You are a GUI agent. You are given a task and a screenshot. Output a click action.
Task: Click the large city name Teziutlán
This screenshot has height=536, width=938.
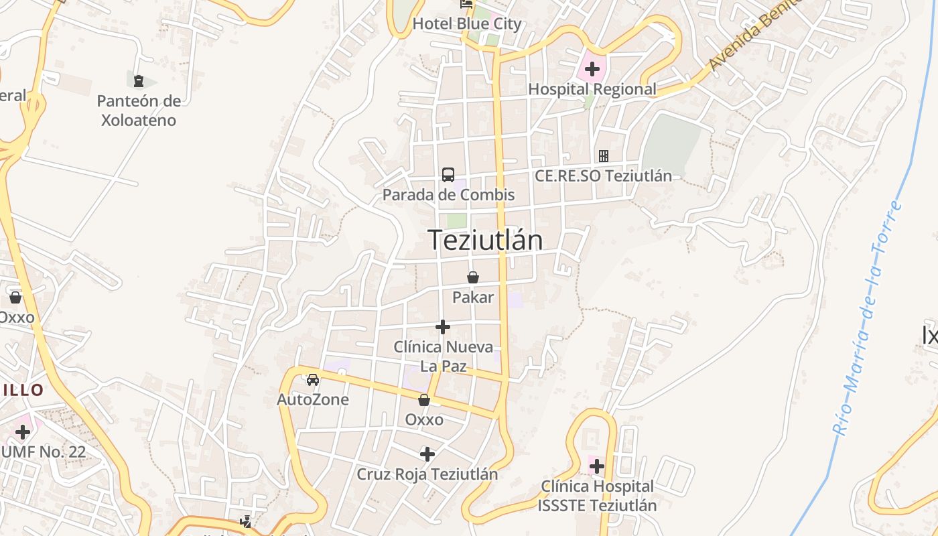click(x=485, y=240)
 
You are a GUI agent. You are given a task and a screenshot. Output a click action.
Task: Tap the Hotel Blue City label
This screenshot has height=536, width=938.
click(x=466, y=24)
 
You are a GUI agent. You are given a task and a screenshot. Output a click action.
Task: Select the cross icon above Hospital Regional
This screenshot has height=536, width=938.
click(x=592, y=68)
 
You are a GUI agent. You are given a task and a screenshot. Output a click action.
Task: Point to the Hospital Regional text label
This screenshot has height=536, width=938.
click(x=592, y=89)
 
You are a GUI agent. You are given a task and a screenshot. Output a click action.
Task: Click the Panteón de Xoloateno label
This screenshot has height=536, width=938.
click(x=139, y=111)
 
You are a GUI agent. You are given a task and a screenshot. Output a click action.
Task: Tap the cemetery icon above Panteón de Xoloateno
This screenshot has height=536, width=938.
click(x=139, y=82)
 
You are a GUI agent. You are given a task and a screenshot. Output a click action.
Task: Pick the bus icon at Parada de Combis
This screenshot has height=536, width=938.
click(x=448, y=175)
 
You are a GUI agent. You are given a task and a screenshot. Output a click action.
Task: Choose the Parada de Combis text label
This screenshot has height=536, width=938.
click(x=448, y=195)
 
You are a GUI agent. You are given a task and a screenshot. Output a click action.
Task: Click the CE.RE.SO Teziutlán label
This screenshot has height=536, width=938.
click(x=603, y=176)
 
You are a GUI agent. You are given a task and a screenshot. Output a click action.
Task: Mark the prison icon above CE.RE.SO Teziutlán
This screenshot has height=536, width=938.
click(x=604, y=156)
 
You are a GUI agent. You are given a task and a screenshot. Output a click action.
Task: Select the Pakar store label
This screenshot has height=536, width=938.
click(x=473, y=297)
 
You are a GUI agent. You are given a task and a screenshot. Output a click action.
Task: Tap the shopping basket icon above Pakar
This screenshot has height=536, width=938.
click(x=473, y=277)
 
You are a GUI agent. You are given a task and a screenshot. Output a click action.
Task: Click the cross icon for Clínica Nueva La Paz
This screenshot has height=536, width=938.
click(x=443, y=327)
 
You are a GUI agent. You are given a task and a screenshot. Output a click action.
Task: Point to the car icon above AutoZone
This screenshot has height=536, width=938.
click(x=313, y=380)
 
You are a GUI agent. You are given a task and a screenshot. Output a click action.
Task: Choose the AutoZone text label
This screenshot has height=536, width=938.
click(x=313, y=400)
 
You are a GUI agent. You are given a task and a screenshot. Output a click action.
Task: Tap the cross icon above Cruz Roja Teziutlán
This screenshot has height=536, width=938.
click(x=427, y=454)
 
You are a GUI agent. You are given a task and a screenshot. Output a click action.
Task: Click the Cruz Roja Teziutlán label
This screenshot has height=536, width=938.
click(x=427, y=474)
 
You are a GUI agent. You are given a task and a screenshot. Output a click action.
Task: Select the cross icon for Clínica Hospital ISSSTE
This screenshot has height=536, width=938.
click(x=597, y=466)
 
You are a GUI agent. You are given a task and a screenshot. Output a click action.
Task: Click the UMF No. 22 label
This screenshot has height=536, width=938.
click(x=44, y=452)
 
